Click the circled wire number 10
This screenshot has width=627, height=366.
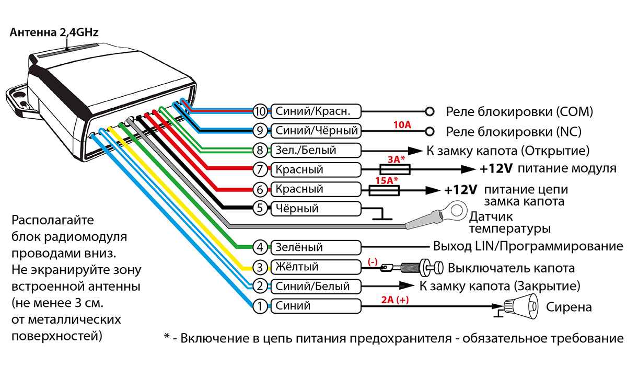tap(260, 111)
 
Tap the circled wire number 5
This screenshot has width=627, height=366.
tap(260, 209)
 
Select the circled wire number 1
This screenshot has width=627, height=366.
tap(260, 306)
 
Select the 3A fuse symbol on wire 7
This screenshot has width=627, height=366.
tap(394, 169)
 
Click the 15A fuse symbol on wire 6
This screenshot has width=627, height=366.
tap(385, 189)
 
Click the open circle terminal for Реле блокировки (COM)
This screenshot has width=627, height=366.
tap(429, 111)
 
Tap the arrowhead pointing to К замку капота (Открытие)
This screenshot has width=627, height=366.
tap(415, 151)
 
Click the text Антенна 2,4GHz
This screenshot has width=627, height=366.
tap(54, 32)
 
